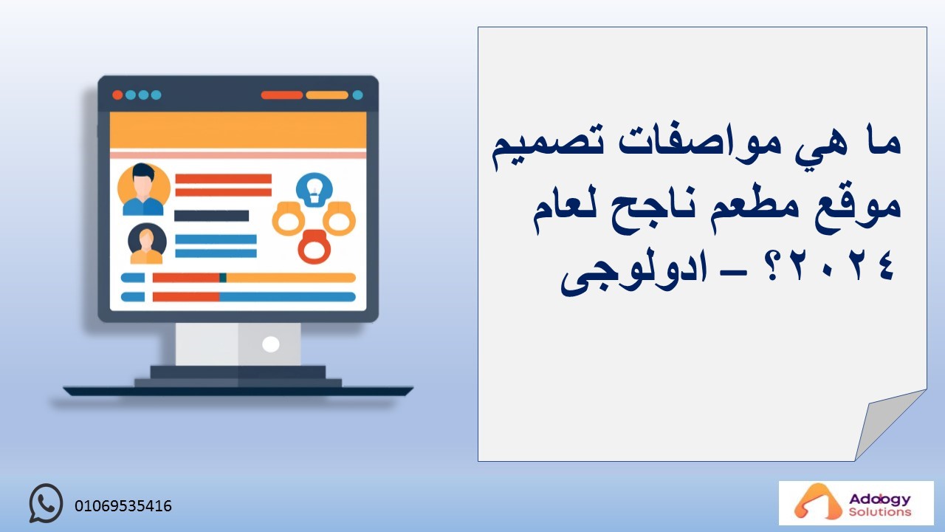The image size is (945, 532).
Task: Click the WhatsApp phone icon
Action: tap(46, 503)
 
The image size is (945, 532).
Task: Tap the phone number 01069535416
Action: tap(123, 506)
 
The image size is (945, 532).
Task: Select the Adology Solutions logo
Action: tap(856, 503)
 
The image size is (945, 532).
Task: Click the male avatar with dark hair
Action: tap(143, 189)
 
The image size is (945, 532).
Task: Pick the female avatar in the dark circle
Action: tap(147, 244)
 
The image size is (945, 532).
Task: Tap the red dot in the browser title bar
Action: tap(117, 95)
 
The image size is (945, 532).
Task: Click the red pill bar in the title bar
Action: tap(282, 95)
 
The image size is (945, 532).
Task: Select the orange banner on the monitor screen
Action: tap(238, 130)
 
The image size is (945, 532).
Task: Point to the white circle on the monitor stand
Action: tap(271, 344)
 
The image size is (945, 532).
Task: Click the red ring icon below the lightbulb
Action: tap(315, 247)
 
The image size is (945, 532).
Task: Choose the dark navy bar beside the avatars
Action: tap(211, 216)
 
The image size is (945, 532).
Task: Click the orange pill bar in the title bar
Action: tap(327, 95)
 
